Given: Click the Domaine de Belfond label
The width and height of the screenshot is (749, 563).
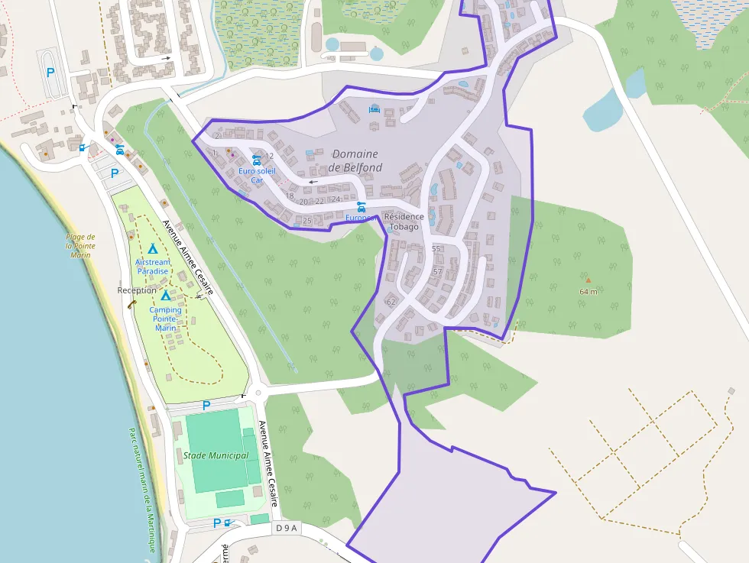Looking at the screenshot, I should pyautogui.click(x=355, y=161).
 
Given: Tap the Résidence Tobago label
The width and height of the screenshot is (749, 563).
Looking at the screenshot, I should pyautogui.click(x=404, y=222).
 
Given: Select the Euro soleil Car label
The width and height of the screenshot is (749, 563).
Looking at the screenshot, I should pyautogui.click(x=257, y=175).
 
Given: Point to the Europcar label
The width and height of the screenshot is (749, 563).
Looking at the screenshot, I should pyautogui.click(x=360, y=218).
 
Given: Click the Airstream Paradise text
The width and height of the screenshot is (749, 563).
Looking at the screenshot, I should pyautogui.click(x=152, y=267).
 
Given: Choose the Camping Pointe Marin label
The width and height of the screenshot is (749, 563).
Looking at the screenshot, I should pyautogui.click(x=165, y=319).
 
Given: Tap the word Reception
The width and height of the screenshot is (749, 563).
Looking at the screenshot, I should pyautogui.click(x=137, y=290).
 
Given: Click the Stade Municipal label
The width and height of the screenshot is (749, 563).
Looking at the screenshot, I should pyautogui.click(x=216, y=455).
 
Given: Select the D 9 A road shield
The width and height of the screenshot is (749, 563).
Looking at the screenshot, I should pyautogui.click(x=287, y=528).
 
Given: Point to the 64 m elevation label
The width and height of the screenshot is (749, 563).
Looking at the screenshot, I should pyautogui.click(x=588, y=291).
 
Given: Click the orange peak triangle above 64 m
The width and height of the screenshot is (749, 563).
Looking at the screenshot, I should pyautogui.click(x=588, y=280).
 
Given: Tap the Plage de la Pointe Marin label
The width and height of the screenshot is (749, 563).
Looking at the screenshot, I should pyautogui.click(x=80, y=246).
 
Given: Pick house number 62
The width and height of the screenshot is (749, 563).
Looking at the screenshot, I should pyautogui.click(x=391, y=302).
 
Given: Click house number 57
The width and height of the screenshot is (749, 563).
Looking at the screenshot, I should pyautogui.click(x=437, y=271).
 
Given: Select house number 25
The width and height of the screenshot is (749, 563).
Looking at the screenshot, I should pyautogui.click(x=307, y=221).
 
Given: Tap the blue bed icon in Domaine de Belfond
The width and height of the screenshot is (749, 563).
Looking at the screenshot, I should pyautogui.click(x=374, y=109).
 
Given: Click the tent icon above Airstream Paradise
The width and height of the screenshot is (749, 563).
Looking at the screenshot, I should pyautogui.click(x=152, y=249).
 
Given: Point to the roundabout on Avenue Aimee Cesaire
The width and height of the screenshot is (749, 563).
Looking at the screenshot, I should pyautogui.click(x=258, y=394).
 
